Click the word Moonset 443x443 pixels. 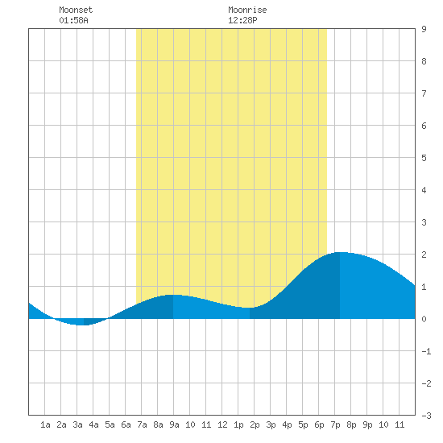pos(76,10)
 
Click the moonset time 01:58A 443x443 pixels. pos(73,20)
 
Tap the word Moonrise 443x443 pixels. pos(247,10)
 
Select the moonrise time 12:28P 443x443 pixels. pos(242,20)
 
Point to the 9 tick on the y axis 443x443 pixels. pos(424,29)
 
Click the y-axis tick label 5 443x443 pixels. pos(424,158)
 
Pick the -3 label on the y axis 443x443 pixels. pos(426,416)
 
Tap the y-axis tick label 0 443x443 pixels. pos(424,319)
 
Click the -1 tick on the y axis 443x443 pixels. pos(426,351)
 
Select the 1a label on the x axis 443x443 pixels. pos(45,424)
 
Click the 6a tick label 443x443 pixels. pos(126,424)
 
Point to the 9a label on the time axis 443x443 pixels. pos(174,424)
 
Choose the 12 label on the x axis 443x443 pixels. pos(222,424)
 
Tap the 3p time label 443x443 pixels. pos(271,424)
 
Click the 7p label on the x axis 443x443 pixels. pos(335,424)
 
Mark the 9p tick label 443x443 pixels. pos(367,424)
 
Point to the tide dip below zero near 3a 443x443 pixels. pos(81,325)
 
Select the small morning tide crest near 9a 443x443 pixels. pos(172,295)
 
